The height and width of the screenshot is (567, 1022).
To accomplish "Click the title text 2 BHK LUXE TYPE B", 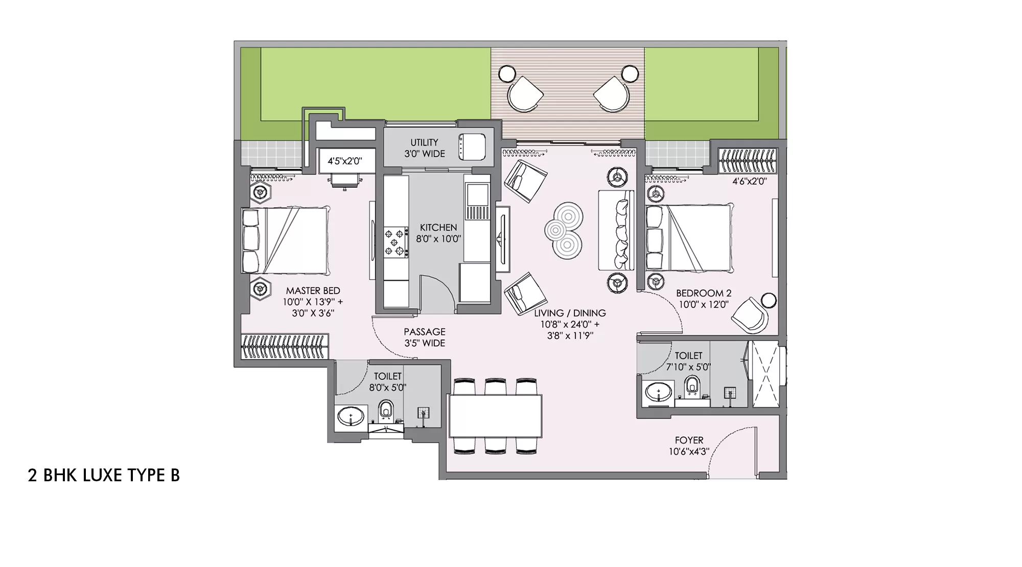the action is tap(104, 475).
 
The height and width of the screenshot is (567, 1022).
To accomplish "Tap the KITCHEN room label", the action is tap(438, 228).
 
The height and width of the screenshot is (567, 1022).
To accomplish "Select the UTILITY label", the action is tap(424, 142).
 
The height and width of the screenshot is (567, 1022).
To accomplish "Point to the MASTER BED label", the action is tap(313, 291).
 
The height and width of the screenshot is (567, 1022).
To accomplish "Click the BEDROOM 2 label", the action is tap(704, 293).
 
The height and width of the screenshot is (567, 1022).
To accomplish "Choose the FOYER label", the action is tap(689, 440).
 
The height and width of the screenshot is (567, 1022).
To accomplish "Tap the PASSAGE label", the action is tap(425, 332).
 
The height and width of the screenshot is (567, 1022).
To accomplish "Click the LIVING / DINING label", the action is tap(570, 313).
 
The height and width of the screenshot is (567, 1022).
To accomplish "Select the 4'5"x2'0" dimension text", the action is tap(345, 161).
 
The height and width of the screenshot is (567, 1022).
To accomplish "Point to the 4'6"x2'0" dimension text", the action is tap(749, 181).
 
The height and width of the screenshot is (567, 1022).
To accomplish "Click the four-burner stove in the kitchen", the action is tap(396, 242).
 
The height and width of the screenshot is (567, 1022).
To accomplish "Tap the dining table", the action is tap(495, 415).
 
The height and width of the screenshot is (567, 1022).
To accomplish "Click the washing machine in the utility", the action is tap(471, 147).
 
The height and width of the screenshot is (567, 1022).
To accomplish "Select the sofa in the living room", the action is tap(616, 230).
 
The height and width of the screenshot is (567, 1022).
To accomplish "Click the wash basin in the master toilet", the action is tap(351, 416).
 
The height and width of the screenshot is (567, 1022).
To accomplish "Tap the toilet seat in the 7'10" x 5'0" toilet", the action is tap(692, 385).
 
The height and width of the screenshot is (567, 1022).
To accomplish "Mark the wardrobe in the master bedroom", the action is tap(284, 347).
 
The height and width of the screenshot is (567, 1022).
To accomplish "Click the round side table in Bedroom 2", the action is tap(768, 300).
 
